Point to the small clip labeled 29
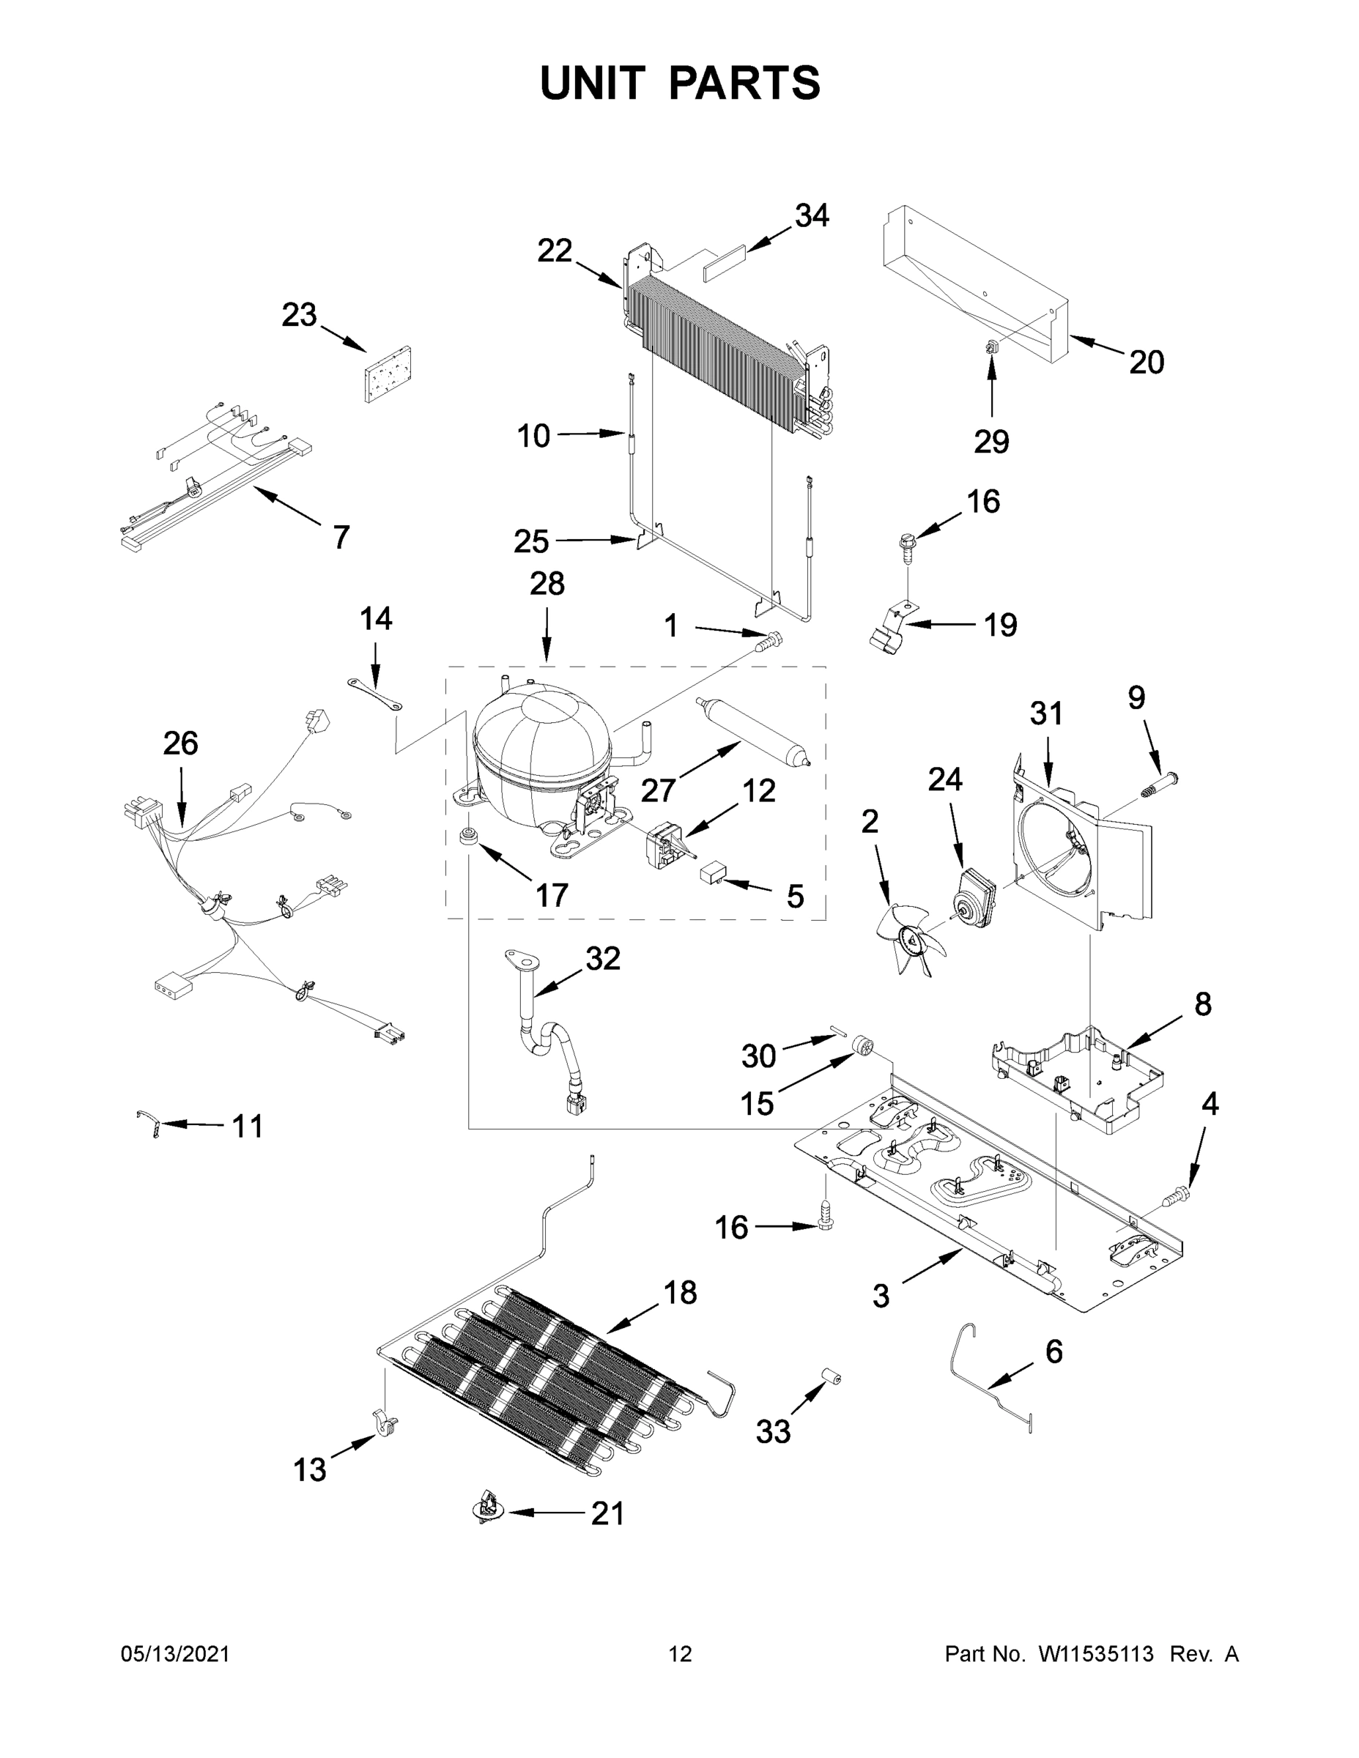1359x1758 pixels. [991, 348]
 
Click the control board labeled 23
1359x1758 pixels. [389, 374]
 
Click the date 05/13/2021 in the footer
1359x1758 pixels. [174, 1654]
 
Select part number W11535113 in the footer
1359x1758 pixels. [1096, 1654]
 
